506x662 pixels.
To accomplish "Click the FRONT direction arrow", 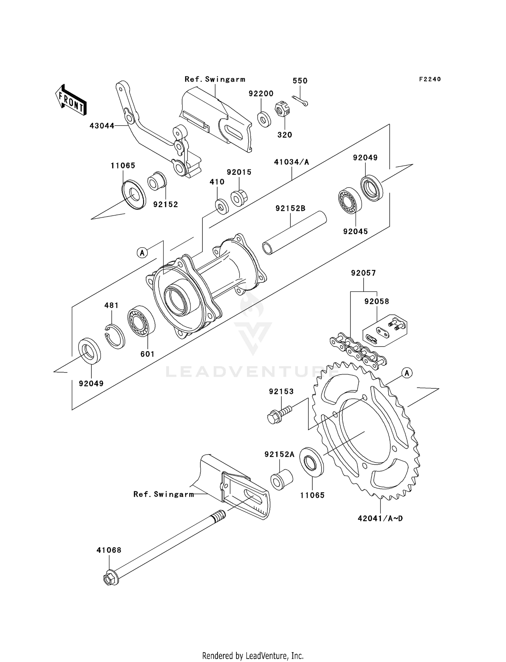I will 71,100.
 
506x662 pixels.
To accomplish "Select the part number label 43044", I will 102,126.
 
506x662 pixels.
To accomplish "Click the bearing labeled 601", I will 141,321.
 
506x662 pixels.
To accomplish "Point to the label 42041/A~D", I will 380,518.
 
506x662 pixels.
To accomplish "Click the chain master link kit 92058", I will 385,332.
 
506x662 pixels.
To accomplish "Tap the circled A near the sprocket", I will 407,373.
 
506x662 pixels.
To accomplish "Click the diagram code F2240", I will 430,79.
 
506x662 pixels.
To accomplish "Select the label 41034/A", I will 291,162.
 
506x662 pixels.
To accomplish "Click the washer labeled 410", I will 222,206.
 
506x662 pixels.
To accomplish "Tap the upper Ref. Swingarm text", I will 215,79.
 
